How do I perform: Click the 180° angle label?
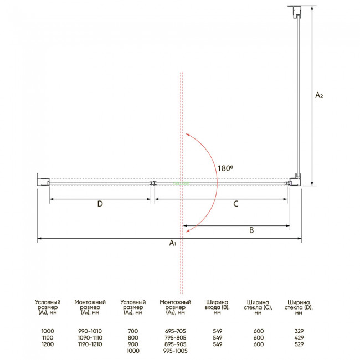coord(225,168)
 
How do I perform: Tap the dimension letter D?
coord(100,204)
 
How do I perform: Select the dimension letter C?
coord(236,204)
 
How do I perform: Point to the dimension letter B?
coord(251,230)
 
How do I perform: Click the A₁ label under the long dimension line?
coord(173,243)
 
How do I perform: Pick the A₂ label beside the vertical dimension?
coord(319,95)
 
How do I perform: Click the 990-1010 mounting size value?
coord(90,331)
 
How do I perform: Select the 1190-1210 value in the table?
coord(90,344)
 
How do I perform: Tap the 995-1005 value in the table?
coord(176,351)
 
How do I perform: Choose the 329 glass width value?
coord(299,331)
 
